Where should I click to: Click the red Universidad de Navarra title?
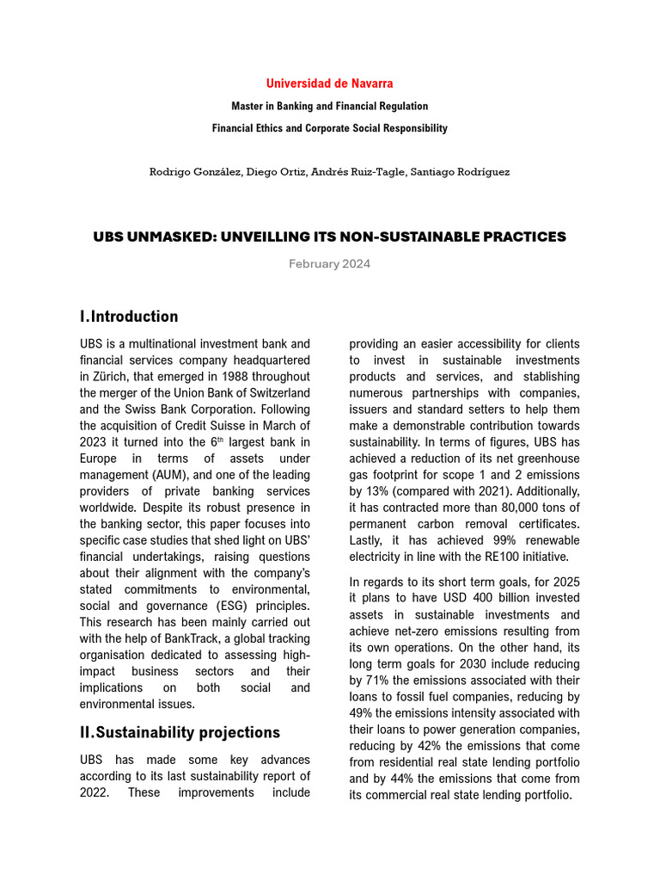[x=329, y=83]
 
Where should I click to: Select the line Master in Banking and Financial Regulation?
[x=329, y=106]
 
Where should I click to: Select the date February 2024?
[x=329, y=263]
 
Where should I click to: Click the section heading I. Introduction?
[x=129, y=316]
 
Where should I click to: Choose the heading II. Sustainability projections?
[x=180, y=732]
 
